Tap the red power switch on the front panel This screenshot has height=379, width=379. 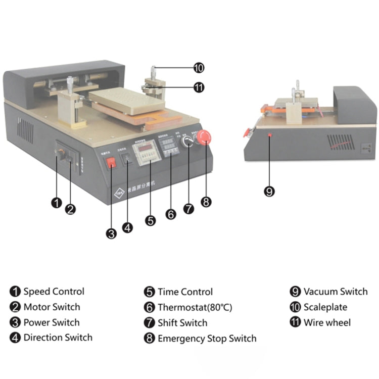111,163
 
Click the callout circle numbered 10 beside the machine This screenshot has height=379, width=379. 199,68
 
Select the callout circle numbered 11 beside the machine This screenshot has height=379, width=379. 199,87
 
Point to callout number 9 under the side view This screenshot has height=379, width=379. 269,192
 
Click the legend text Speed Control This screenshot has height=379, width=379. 54,292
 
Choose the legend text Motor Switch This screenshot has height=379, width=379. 52,307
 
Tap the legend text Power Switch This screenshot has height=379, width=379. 52,322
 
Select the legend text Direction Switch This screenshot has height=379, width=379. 58,338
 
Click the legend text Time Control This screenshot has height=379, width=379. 185,292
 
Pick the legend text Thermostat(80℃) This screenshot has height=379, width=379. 195,307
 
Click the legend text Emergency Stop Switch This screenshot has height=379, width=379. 207,339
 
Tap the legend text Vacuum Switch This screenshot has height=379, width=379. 335,292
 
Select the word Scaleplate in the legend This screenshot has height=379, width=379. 326,307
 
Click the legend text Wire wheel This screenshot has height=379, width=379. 327,322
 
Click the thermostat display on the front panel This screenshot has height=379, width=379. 169,147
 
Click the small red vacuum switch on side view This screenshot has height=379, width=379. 270,135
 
